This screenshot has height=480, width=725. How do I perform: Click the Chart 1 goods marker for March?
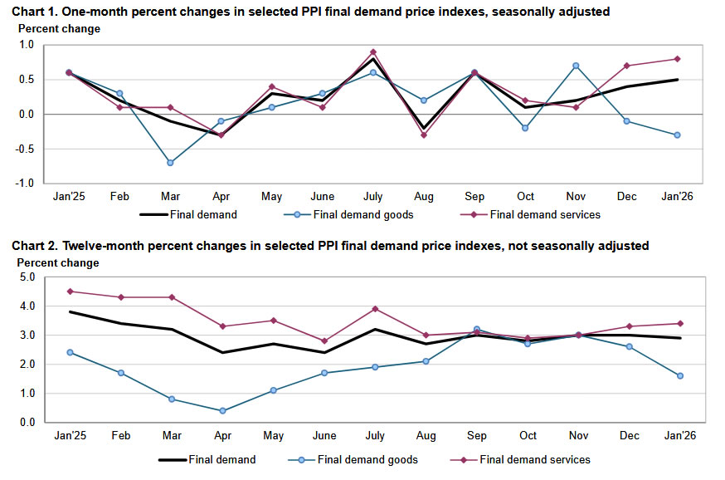(170, 163)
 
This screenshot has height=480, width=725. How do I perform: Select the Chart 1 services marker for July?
(373, 51)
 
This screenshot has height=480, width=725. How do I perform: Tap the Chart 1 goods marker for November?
(576, 66)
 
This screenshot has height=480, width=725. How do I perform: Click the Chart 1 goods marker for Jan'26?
(677, 135)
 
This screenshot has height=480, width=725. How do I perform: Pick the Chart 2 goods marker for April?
(221, 410)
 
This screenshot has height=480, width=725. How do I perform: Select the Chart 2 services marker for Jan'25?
(69, 291)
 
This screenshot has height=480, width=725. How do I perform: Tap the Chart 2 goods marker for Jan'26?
(679, 375)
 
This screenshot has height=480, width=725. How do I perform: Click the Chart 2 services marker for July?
(374, 309)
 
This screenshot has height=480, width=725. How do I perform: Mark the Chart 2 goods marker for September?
(476, 330)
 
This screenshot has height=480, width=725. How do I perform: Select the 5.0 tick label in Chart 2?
(27, 277)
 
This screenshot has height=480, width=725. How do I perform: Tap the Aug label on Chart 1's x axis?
(424, 196)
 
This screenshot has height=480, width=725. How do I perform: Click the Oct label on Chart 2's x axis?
(527, 436)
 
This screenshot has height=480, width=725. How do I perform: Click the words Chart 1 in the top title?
(31, 12)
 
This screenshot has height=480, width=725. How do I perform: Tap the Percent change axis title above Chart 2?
(58, 263)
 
